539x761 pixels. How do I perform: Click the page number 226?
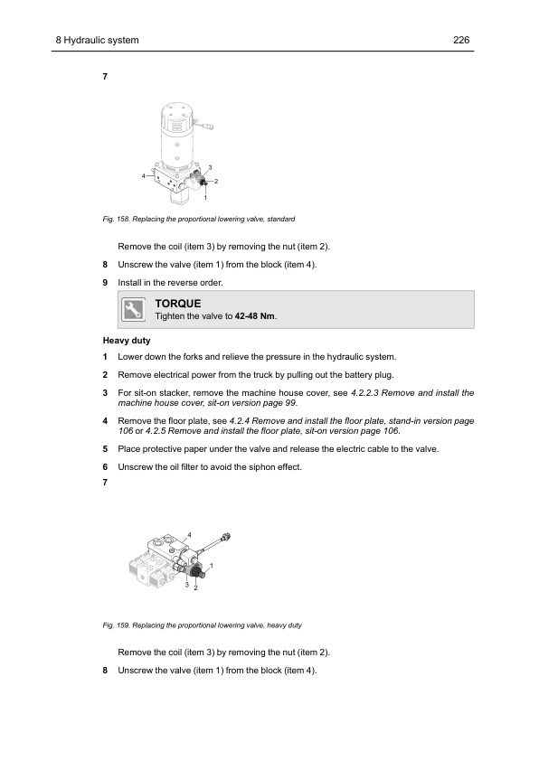(461, 41)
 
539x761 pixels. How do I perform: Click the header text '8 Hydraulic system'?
(97, 41)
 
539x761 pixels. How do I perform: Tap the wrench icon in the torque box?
(133, 310)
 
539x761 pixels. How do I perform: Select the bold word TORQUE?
(178, 304)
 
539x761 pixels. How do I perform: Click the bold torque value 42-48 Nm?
(254, 316)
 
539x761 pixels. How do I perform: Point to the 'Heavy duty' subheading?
(127, 341)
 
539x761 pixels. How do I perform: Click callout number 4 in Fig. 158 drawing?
(143, 175)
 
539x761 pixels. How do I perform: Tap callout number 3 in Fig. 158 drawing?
(210, 167)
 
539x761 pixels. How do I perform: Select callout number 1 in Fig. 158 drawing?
(205, 198)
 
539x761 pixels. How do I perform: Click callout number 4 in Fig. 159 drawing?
(189, 535)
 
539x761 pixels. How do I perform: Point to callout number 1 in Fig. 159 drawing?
(212, 566)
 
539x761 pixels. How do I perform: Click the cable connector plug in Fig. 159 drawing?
(225, 538)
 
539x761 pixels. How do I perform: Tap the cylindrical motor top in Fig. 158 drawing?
(178, 117)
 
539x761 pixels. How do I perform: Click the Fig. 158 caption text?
(199, 220)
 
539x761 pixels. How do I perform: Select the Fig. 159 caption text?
(202, 625)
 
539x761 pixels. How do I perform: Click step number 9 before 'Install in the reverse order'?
(105, 283)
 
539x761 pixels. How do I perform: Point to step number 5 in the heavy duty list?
(105, 449)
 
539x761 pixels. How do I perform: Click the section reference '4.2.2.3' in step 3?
(364, 393)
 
